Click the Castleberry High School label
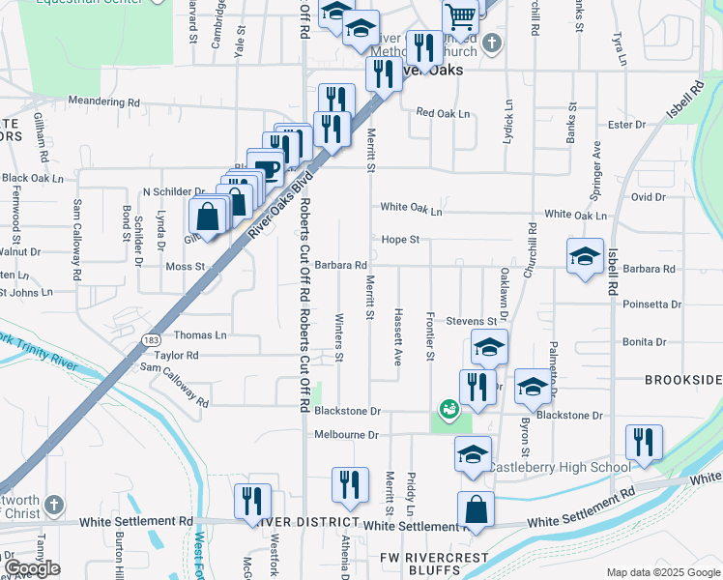coord(559,468)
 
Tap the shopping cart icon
coord(461,15)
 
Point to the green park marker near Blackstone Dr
coord(449,409)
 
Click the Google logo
coord(32,568)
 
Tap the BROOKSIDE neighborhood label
coord(683,381)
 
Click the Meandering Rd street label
coord(104,101)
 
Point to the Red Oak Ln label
coord(443,113)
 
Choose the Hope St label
coord(400,239)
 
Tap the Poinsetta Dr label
coord(652,304)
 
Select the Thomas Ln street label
coord(200,335)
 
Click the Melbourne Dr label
coord(346,435)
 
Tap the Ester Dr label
coord(626,124)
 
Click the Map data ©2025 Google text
coord(663,572)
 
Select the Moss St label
coord(186,266)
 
